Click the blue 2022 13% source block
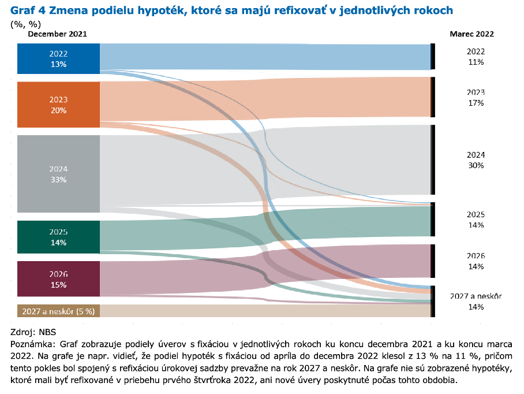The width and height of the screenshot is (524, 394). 58,58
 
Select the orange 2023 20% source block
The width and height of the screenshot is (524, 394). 58,105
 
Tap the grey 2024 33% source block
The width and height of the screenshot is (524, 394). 58,174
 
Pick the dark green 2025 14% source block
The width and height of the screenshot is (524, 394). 58,237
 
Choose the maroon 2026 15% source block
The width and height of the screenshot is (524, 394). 58,279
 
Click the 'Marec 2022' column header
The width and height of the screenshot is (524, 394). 471,34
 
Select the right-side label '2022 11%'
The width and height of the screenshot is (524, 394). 476,57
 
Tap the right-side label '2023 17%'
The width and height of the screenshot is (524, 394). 476,98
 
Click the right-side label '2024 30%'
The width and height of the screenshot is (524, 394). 476,160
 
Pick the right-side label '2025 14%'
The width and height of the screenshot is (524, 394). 476,220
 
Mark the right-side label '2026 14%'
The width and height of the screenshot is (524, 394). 476,261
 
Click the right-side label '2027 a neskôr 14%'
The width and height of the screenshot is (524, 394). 476,302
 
